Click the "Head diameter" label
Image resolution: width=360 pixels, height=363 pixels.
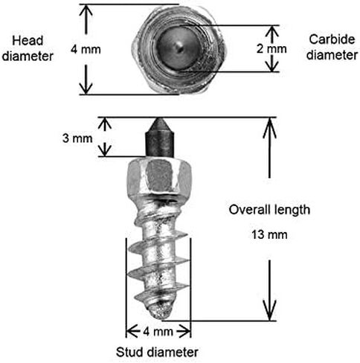pyautogui.click(x=28, y=48)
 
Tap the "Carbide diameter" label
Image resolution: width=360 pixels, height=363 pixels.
pyautogui.click(x=332, y=47)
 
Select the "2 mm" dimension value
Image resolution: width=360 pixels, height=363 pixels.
pyautogui.click(x=271, y=49)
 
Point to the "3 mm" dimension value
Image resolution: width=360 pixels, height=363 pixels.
pyautogui.click(x=77, y=138)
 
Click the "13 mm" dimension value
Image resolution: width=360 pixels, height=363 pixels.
pyautogui.click(x=269, y=234)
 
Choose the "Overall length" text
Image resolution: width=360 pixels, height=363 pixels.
pyautogui.click(x=269, y=210)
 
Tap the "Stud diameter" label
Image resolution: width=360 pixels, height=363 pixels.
pyautogui.click(x=157, y=352)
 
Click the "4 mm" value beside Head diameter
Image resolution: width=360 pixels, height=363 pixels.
pyautogui.click(x=86, y=49)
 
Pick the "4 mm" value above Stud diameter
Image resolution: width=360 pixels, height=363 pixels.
pyautogui.click(x=158, y=332)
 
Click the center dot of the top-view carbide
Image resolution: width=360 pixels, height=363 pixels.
pyautogui.click(x=180, y=48)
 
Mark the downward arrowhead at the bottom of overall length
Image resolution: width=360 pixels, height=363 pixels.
pyautogui.click(x=269, y=310)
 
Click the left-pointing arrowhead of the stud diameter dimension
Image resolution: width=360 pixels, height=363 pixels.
pyautogui.click(x=132, y=332)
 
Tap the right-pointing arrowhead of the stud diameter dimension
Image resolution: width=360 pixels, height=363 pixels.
pyautogui.click(x=184, y=332)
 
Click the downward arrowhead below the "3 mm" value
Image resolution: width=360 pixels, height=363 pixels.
pyautogui.click(x=105, y=150)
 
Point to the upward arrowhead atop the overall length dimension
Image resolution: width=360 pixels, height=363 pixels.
pyautogui.click(x=269, y=128)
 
